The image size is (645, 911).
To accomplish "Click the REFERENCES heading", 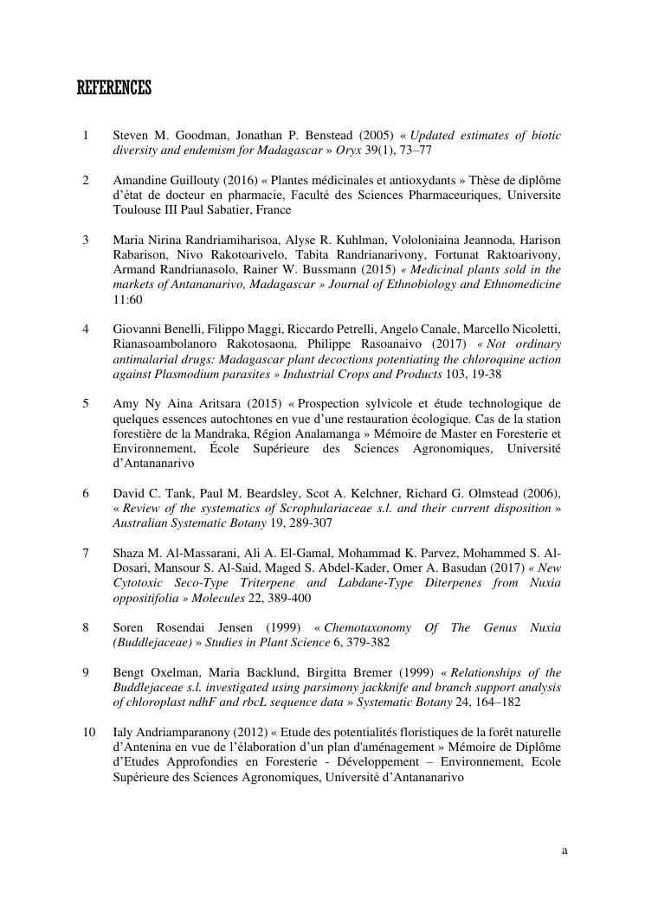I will [x=113, y=88].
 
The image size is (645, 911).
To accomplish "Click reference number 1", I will [x=86, y=136].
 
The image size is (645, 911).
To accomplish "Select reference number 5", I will [x=86, y=403].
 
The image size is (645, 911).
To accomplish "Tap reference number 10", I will [x=88, y=732].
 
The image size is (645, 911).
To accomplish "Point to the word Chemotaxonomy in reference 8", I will [x=368, y=627].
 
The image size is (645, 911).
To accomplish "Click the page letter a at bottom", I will [x=564, y=850].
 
